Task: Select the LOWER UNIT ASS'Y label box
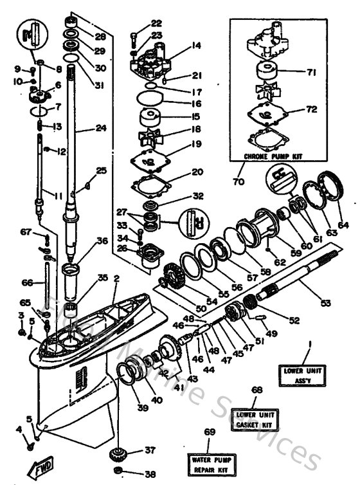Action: pyautogui.click(x=305, y=374)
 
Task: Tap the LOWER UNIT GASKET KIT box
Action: pyautogui.click(x=256, y=421)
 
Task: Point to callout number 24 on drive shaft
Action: pyautogui.click(x=100, y=128)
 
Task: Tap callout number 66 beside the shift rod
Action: pyautogui.click(x=26, y=282)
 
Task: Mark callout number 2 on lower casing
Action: pyautogui.click(x=116, y=279)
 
